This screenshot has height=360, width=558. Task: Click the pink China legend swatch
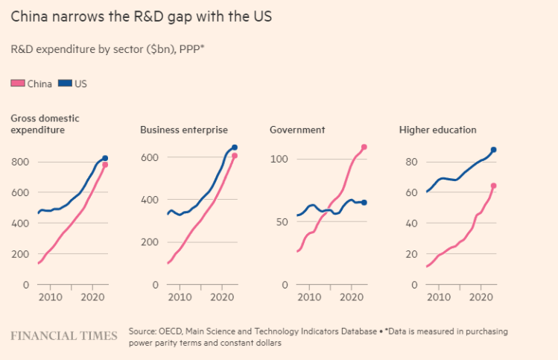tap(18, 83)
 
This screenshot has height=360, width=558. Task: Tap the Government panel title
tap(297, 130)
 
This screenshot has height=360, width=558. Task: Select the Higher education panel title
tap(437, 130)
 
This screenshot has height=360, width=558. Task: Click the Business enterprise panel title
tap(183, 130)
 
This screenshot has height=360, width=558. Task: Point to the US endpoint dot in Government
tap(364, 202)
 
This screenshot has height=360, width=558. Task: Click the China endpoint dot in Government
tap(364, 147)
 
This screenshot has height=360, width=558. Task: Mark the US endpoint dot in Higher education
tap(494, 150)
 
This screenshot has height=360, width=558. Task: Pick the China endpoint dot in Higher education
tap(494, 186)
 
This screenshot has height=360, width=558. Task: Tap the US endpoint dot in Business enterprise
tap(235, 148)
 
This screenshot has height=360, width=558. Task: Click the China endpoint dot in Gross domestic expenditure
tap(105, 165)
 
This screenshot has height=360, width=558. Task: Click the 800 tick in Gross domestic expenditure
tap(20, 162)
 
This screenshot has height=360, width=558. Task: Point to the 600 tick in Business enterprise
tap(150, 157)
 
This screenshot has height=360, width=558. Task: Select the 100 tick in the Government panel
tap(279, 159)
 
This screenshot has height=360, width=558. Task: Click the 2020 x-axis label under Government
tap(350, 298)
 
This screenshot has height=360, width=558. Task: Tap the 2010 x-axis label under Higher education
tap(440, 298)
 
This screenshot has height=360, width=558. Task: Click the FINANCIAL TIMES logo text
tap(64, 335)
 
